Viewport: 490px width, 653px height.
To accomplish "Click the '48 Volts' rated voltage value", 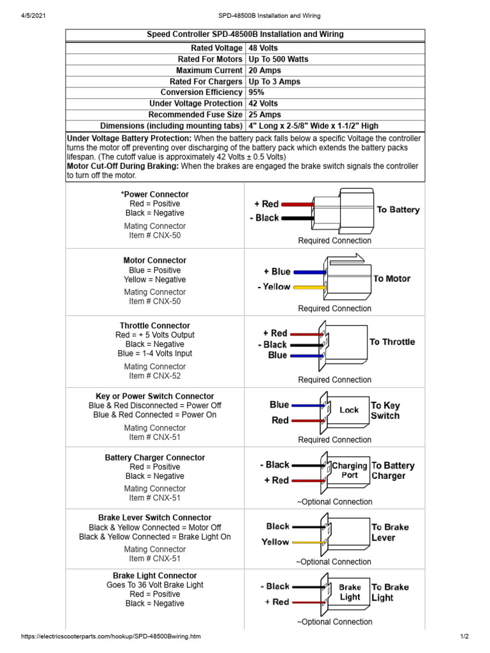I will pos(264,48).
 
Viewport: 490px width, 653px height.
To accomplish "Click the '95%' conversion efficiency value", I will pos(256,92).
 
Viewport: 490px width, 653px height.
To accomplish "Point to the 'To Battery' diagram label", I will pos(398,210).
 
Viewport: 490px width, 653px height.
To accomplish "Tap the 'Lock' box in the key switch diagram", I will pos(348,411).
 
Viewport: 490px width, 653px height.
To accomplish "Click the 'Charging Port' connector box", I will pos(349,471).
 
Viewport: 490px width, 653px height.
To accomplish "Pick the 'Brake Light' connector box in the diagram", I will pos(349,592).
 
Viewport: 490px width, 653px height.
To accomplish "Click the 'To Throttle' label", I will pos(392,342).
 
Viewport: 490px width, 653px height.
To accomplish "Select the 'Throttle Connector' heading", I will pos(154,325).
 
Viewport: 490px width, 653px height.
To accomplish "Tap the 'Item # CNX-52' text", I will pos(154,376).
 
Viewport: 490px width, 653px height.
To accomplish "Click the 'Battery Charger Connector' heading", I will pos(154,457).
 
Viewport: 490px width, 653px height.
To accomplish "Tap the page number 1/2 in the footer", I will pos(464,636).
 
